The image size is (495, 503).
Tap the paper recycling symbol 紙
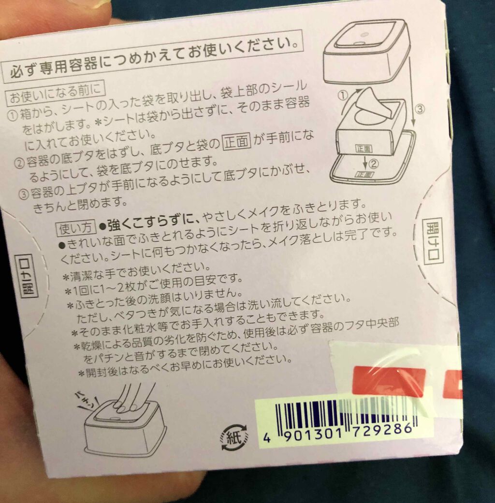coord(234,437)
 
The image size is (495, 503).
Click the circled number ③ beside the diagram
coord(420,110)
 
